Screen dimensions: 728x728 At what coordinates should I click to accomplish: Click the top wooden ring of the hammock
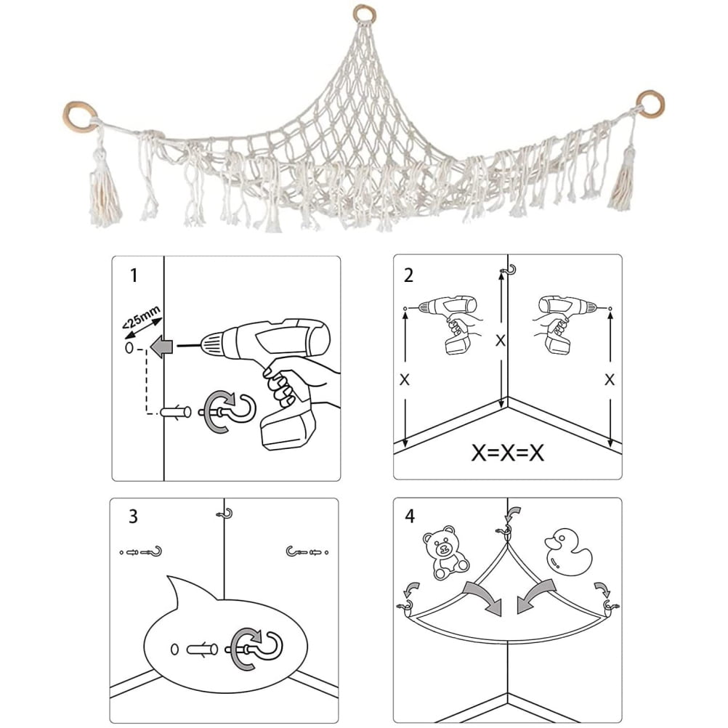[363, 15]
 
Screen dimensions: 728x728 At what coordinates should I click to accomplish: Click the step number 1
[132, 275]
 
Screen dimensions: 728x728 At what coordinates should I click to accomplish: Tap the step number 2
[409, 275]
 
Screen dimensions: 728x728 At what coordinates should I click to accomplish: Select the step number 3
[132, 517]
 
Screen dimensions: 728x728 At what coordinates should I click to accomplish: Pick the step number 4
[410, 517]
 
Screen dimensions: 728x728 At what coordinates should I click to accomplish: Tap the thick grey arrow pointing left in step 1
[159, 347]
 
